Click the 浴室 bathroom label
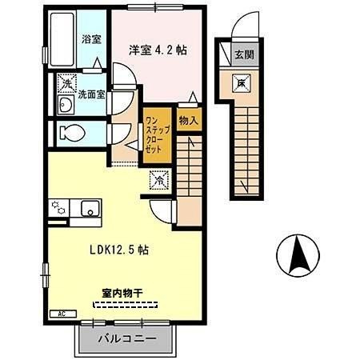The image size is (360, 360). coord(91,39)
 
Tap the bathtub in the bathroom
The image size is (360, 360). coord(62,39)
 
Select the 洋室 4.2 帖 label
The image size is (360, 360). coord(158,50)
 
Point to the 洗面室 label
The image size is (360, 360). coord(91,94)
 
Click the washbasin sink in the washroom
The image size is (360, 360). coord(66,105)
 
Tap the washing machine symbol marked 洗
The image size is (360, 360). coord(67,83)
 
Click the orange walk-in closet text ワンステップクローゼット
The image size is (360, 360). coord(158,134)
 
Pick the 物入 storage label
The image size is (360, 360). coord(189,121)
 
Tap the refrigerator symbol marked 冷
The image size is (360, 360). coord(159,180)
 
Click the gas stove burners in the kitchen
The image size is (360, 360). coord(58,208)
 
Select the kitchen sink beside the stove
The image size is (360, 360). coord(90,208)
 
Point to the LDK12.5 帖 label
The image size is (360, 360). coord(119,250)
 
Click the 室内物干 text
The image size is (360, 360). coord(122,294)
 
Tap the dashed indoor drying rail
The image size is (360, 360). coord(125,305)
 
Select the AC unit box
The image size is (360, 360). coord(63,314)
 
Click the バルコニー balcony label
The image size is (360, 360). coord(127,339)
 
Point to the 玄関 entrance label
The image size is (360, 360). coord(244,54)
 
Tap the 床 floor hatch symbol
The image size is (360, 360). coord(242,83)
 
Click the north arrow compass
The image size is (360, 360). coord(298,256)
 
